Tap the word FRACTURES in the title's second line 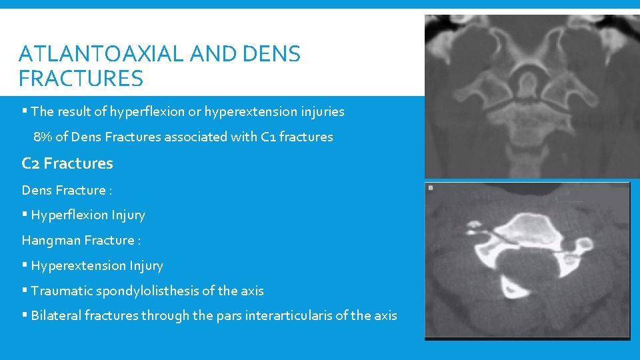coord(81,79)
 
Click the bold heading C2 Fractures coord(67,163)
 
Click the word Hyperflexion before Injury coord(67,215)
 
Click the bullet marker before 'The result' coord(25,112)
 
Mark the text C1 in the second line coord(269,137)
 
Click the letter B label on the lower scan coord(431,189)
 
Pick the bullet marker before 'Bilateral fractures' coord(25,316)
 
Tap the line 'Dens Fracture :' coord(67,191)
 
